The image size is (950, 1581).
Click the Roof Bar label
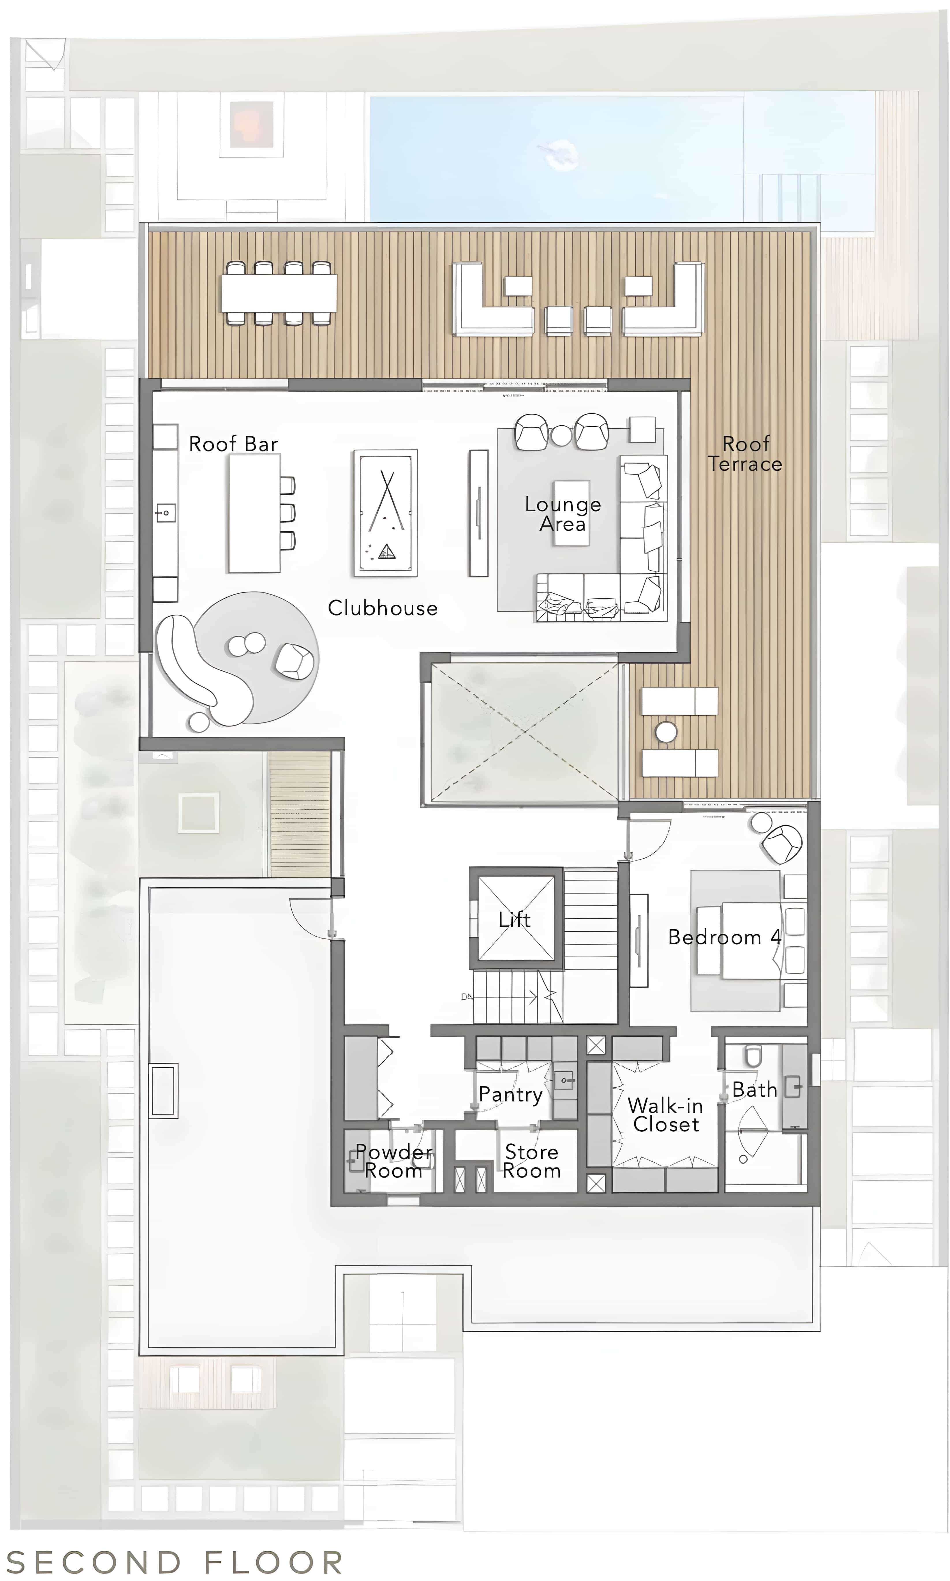point(233,444)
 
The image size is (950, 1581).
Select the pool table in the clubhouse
point(385,513)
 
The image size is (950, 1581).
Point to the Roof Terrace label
point(745,454)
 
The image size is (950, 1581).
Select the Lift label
point(515,920)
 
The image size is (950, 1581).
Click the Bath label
point(754,1089)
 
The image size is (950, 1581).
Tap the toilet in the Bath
point(753,1056)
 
